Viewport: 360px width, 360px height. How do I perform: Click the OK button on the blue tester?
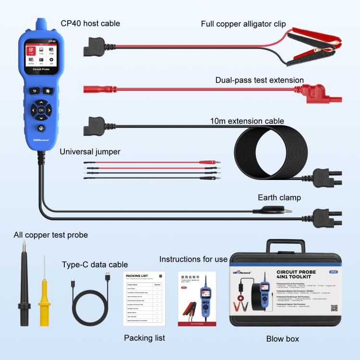coord(41,110)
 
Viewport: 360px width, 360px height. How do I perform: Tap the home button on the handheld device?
coord(48,90)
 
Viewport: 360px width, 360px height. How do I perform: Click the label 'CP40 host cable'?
coord(90,23)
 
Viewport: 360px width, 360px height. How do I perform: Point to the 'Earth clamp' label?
coord(279,197)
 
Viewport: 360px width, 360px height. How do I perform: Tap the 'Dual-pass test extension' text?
coord(259,80)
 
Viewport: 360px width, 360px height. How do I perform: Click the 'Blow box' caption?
coord(282,339)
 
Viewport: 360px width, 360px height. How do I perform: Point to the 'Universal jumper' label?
coord(90,152)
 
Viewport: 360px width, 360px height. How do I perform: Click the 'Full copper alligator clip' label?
coord(243,24)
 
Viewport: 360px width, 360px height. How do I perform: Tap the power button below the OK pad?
coord(40,129)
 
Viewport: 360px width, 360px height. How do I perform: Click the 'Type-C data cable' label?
coord(95,264)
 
